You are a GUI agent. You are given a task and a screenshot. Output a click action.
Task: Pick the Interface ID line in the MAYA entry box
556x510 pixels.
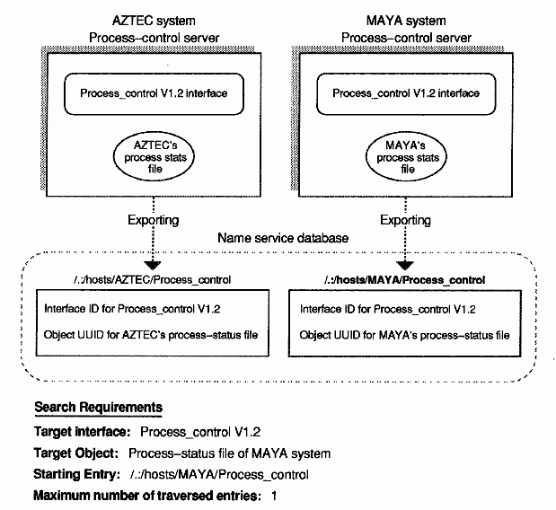click(x=386, y=309)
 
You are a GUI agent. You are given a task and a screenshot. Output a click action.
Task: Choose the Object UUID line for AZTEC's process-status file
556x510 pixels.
click(x=150, y=335)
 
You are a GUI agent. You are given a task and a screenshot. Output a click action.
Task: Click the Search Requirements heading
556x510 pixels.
click(x=99, y=409)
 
